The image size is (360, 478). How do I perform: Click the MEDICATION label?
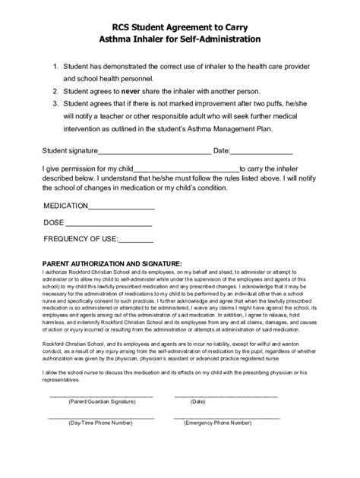pyautogui.click(x=66, y=206)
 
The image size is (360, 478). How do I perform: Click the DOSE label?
pyautogui.click(x=53, y=223)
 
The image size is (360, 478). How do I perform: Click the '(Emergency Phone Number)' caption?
pyautogui.click(x=224, y=422)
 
